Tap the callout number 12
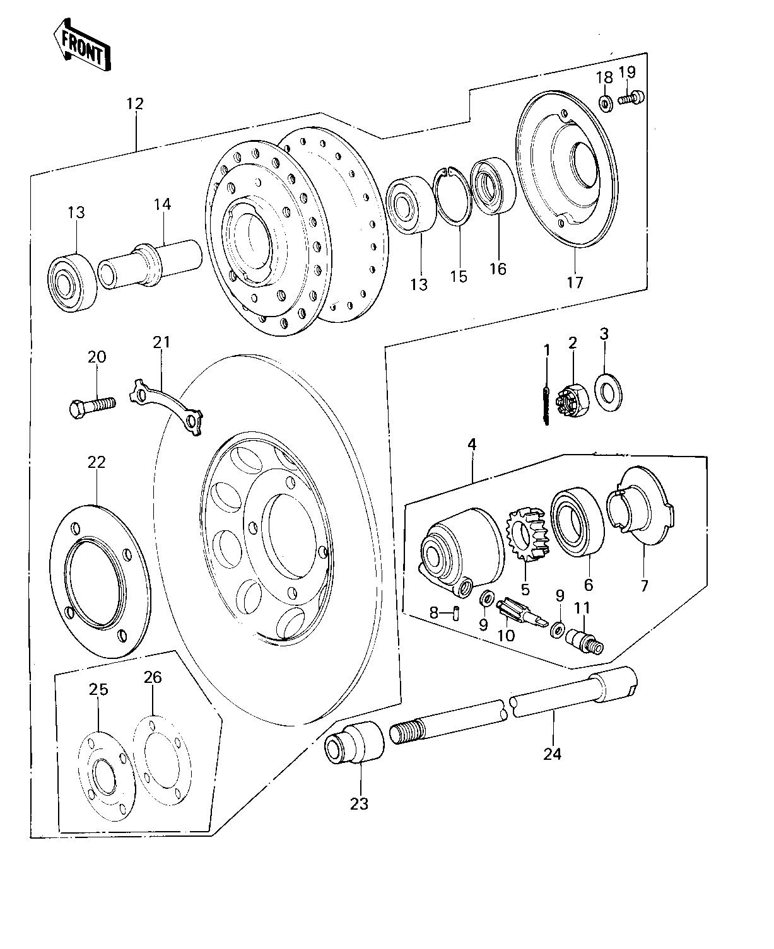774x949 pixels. tap(135, 104)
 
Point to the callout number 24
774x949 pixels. tap(553, 753)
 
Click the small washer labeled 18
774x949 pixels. tap(604, 103)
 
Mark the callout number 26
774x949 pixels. tap(153, 677)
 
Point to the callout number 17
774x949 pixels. tap(575, 282)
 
